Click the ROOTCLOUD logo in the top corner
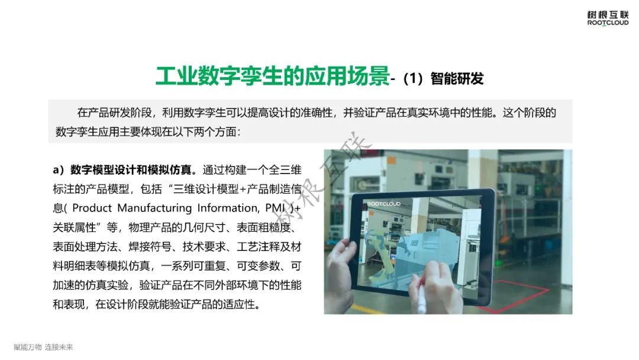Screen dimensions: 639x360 [608, 18]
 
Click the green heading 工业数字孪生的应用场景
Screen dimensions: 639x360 [273, 76]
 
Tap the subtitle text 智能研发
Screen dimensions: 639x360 [457, 78]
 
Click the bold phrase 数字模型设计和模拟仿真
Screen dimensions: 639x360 [131, 169]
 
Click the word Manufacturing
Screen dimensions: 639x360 [154, 208]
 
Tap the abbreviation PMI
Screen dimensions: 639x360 [275, 208]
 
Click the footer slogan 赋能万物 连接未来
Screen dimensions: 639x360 [43, 347]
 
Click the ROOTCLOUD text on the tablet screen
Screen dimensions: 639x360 [384, 204]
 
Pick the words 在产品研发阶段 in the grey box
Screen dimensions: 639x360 [115, 112]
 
